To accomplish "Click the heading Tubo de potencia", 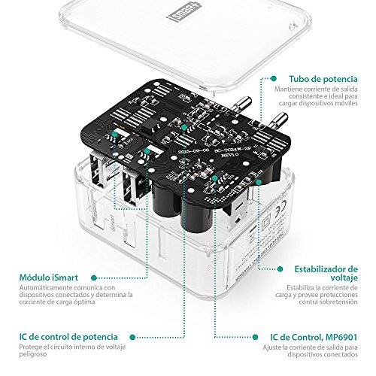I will (x=326, y=77).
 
